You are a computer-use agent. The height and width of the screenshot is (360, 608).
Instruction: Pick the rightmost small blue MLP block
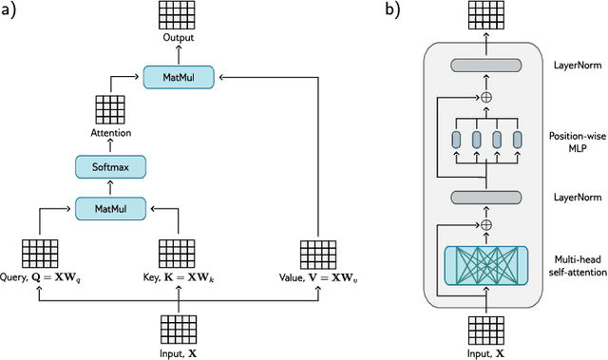(x=517, y=140)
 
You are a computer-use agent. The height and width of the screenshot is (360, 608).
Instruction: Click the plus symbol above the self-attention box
(x=485, y=224)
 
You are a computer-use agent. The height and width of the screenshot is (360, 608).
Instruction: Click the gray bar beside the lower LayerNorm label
(x=485, y=197)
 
